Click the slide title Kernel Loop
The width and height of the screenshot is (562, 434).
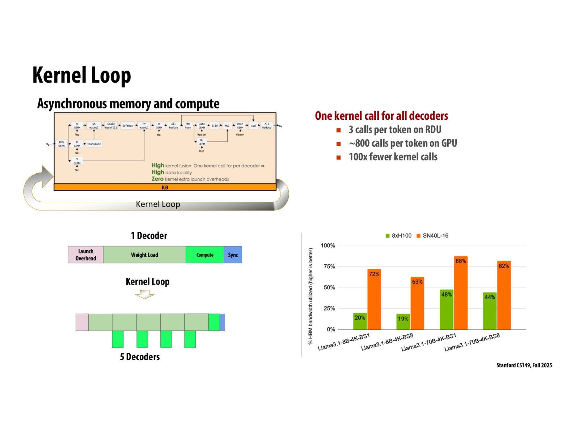click(81, 75)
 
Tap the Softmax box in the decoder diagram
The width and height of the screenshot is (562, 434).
click(127, 126)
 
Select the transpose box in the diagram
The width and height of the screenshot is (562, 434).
click(94, 144)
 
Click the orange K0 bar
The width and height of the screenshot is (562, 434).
click(165, 187)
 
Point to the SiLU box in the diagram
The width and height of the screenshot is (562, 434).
click(215, 126)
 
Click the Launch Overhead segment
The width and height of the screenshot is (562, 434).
click(86, 255)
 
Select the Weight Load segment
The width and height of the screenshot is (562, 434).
click(144, 255)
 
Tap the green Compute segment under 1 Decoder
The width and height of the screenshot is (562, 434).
click(205, 255)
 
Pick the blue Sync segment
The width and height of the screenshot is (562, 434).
click(233, 255)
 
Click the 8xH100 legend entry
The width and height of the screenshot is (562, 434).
click(398, 236)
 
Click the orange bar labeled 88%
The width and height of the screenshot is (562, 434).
click(461, 293)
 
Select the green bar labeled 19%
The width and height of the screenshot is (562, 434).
click(403, 322)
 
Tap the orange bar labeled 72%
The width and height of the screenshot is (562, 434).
click(374, 299)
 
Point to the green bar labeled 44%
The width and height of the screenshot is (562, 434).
click(490, 311)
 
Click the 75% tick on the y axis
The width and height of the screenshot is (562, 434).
click(329, 267)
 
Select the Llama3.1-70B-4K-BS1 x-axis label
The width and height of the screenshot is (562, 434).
click(429, 342)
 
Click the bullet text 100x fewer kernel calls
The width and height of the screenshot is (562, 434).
click(393, 157)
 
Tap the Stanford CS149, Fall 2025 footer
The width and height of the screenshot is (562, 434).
click(524, 365)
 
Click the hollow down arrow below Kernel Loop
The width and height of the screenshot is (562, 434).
click(145, 295)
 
